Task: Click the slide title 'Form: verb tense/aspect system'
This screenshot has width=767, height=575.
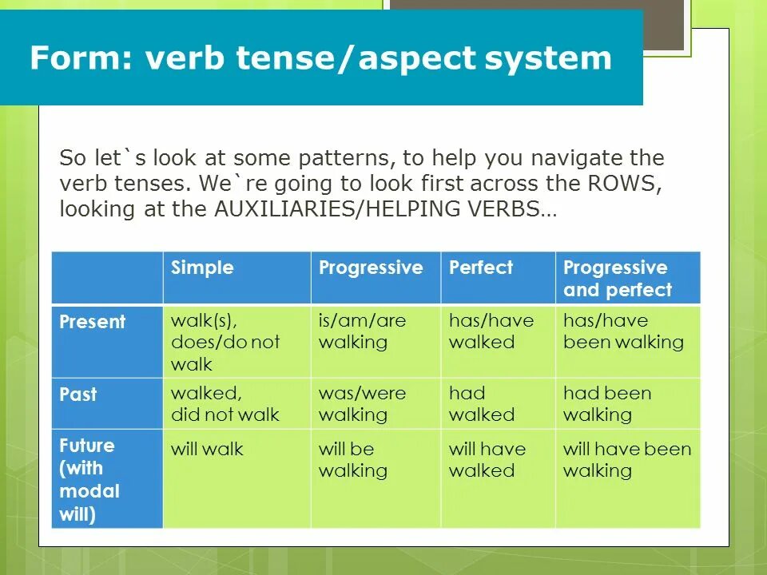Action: (320, 58)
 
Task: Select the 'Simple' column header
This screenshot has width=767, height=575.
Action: (202, 268)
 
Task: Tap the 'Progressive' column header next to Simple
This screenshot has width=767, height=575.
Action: (371, 268)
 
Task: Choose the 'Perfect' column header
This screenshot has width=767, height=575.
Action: (481, 268)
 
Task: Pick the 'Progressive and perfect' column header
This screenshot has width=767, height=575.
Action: (617, 278)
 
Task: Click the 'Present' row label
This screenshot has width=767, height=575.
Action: (93, 322)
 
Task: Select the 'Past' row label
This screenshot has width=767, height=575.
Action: (78, 394)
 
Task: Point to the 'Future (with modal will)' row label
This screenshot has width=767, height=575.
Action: (89, 479)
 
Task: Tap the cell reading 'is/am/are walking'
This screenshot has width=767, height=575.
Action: (362, 331)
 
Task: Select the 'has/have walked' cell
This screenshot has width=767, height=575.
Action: (491, 331)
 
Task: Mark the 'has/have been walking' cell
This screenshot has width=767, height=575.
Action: (623, 331)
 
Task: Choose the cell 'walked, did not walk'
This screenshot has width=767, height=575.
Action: (225, 404)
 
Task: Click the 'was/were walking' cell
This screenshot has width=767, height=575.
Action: (362, 404)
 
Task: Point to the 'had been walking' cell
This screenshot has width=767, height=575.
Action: (606, 404)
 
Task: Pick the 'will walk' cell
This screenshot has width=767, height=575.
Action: (207, 449)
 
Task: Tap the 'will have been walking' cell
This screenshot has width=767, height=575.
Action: (626, 459)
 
